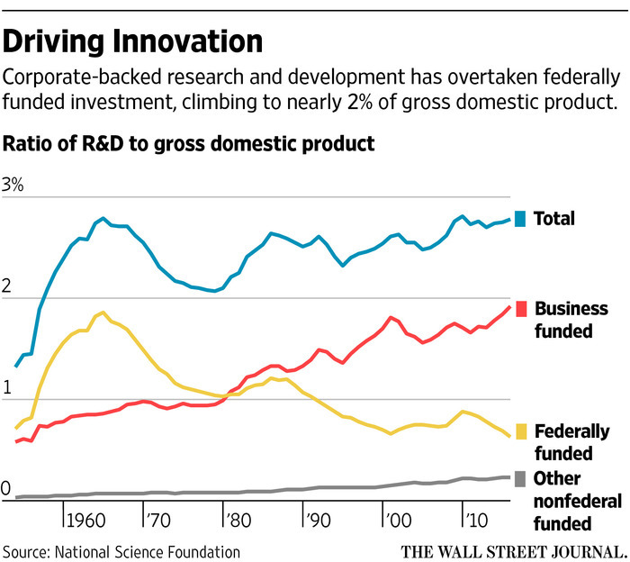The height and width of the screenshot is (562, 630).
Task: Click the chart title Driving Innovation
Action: (x=134, y=41)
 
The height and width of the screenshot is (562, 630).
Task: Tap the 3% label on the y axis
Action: (x=15, y=186)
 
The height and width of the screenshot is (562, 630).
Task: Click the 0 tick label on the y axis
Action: (x=9, y=489)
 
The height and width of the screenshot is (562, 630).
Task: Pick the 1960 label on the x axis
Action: (x=87, y=520)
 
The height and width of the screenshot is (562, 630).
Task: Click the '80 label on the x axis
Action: (x=240, y=520)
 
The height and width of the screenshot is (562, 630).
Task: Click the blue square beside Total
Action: (x=519, y=218)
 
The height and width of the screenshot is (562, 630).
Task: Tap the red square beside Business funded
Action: (x=519, y=309)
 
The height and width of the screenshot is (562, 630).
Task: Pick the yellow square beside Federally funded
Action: (x=519, y=431)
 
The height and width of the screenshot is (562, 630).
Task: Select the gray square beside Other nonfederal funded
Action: (x=519, y=479)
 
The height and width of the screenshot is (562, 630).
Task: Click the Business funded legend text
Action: (x=571, y=320)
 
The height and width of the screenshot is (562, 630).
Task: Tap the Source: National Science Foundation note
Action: (x=121, y=550)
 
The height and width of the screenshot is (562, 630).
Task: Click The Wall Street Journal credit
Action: (x=514, y=550)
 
